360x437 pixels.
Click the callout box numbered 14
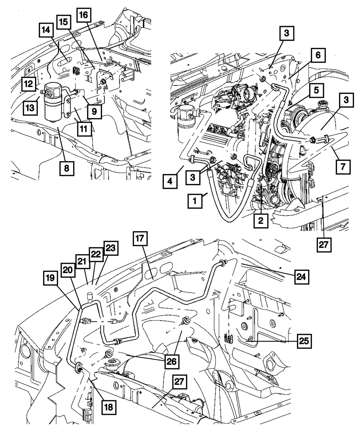point(46,31)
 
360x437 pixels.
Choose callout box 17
point(141,239)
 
